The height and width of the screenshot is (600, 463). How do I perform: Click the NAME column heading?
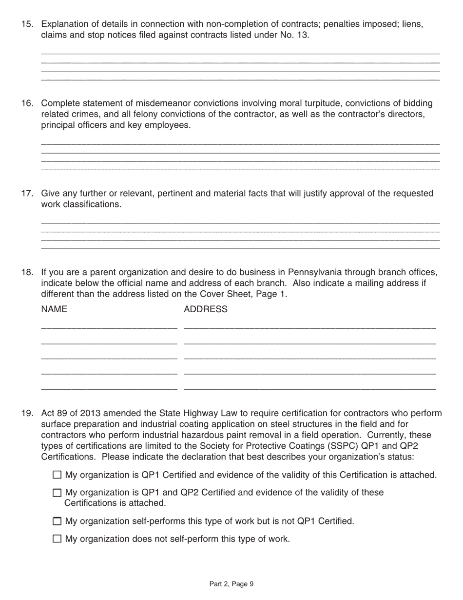(54, 310)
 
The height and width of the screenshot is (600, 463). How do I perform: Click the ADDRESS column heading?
(205, 310)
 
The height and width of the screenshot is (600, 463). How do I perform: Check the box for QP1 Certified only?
(57, 475)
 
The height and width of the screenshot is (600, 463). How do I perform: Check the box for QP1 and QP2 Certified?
(57, 493)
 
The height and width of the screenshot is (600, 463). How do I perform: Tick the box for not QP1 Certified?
(57, 521)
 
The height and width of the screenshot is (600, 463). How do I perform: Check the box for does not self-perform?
(57, 539)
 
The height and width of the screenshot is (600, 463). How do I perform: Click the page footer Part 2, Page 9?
(231, 584)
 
